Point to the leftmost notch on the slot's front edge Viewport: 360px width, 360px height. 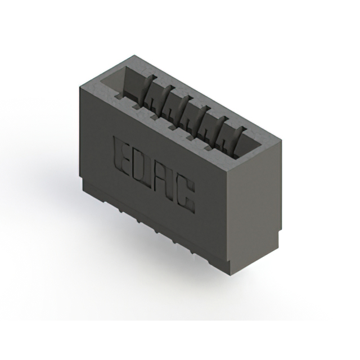click(x=136, y=103)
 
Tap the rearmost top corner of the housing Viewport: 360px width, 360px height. click(x=131, y=55)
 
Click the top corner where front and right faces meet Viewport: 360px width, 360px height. click(x=227, y=172)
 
